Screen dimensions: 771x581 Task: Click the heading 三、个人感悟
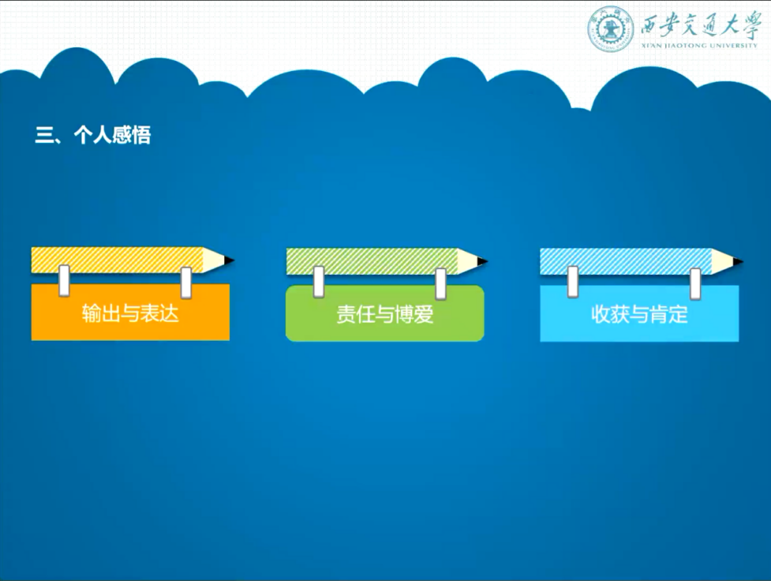(93, 135)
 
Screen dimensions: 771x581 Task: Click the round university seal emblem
(610, 28)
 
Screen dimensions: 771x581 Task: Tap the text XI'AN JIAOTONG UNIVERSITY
(699, 46)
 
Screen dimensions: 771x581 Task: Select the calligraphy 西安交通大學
(700, 24)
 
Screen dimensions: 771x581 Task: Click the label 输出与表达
(130, 313)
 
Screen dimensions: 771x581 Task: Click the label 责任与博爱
(385, 314)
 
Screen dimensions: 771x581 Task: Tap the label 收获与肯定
(639, 314)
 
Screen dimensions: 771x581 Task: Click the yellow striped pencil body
(117, 260)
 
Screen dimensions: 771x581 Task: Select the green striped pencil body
(372, 261)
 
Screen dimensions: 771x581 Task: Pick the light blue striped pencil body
(626, 262)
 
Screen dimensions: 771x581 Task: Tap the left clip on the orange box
(64, 280)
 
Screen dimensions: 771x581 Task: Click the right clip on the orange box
(186, 283)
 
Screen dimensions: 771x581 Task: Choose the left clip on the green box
(319, 282)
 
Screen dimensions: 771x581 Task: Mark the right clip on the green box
(440, 284)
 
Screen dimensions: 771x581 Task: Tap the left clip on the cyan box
(573, 282)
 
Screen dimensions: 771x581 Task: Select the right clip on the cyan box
(694, 284)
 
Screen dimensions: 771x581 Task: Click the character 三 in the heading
(43, 136)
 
